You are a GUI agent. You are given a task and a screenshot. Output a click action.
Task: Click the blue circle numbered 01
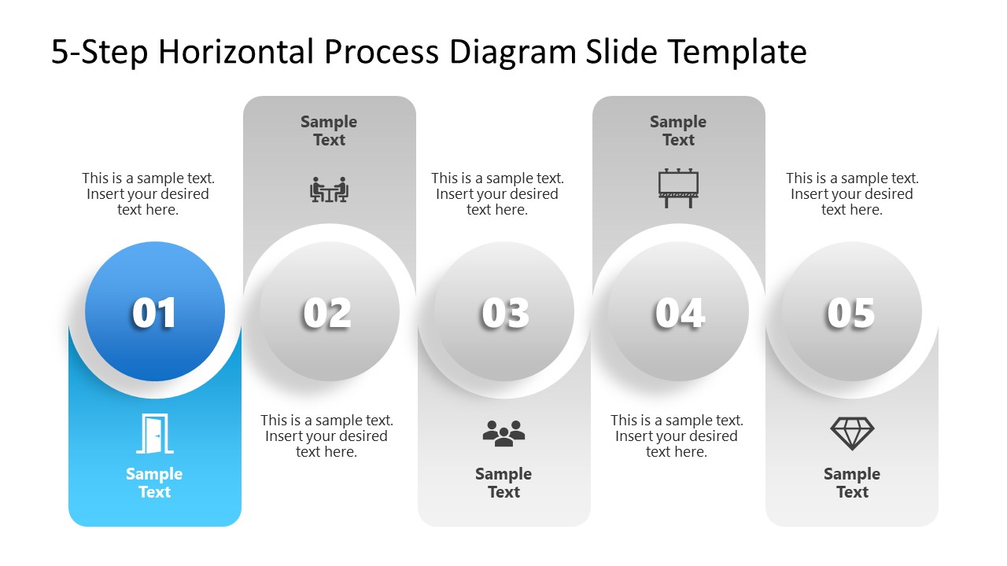click(x=155, y=312)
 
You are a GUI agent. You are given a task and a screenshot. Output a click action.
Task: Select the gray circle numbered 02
click(x=329, y=312)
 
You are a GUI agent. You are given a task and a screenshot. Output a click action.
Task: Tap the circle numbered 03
click(x=504, y=312)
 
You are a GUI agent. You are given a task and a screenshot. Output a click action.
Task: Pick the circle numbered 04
click(x=678, y=312)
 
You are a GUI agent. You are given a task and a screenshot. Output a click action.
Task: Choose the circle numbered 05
click(x=851, y=312)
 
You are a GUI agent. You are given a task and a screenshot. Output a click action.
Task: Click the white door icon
click(x=154, y=434)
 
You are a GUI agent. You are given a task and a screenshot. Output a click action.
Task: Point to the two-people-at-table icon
click(x=329, y=189)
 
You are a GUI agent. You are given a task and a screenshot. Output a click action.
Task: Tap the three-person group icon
click(x=503, y=433)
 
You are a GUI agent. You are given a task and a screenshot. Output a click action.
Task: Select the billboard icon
click(x=678, y=189)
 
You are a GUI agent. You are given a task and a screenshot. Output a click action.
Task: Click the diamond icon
click(x=852, y=433)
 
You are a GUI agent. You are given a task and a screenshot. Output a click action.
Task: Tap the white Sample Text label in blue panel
click(x=154, y=483)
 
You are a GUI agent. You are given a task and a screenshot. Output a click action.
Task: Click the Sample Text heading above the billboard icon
click(x=678, y=130)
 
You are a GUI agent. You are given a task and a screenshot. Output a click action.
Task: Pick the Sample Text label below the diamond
click(x=852, y=483)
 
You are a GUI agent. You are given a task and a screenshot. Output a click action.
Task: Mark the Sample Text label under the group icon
click(x=503, y=483)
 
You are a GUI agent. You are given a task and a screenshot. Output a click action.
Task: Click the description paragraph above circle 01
click(x=148, y=194)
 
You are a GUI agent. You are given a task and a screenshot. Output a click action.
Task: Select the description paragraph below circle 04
click(x=677, y=436)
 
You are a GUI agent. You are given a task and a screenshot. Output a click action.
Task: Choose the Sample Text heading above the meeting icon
click(x=329, y=130)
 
